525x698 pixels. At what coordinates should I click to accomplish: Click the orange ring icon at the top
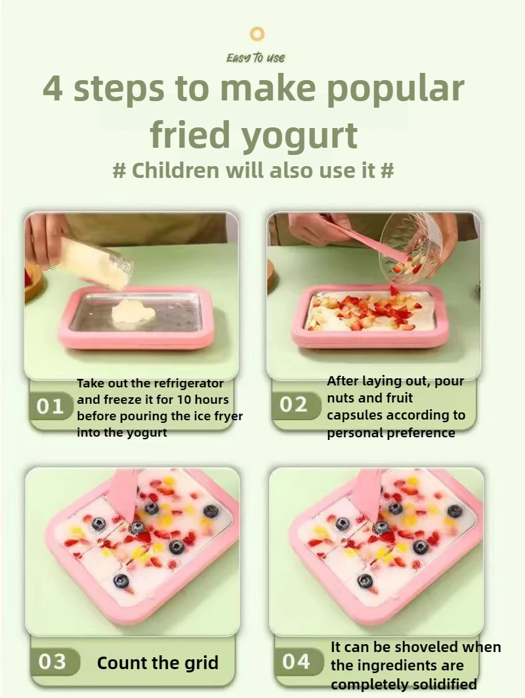click(258, 33)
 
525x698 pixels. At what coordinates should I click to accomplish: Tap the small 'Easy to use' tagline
click(256, 58)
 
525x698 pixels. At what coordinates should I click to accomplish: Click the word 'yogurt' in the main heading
click(300, 135)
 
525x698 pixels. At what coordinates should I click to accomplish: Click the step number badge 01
click(51, 406)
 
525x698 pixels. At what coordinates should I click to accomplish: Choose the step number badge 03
click(52, 662)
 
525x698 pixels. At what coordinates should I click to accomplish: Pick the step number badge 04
click(296, 661)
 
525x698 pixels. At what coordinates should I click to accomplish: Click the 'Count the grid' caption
click(157, 663)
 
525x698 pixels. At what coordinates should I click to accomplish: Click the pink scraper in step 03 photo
click(124, 492)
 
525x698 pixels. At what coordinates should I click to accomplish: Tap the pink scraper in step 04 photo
click(367, 492)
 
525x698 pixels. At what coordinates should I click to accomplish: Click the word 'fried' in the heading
click(190, 135)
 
